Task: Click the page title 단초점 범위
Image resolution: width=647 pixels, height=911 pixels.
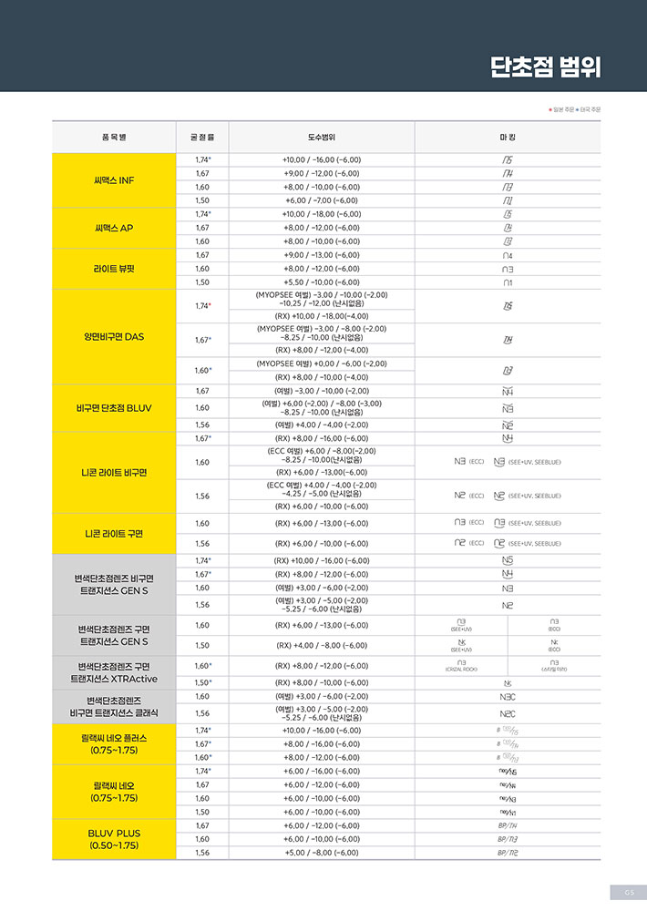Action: click(x=545, y=67)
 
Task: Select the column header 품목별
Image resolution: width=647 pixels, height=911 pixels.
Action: click(x=114, y=137)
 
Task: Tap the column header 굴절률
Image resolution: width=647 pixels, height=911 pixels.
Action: click(x=202, y=137)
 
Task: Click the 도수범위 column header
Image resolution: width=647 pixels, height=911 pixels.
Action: click(x=322, y=137)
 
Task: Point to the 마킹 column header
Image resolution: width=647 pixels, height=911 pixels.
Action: click(x=508, y=137)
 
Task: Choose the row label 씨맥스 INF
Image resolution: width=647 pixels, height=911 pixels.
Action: click(x=114, y=179)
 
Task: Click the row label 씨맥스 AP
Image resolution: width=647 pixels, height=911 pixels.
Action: click(x=114, y=228)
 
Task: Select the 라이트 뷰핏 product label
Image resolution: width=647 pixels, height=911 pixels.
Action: click(x=114, y=269)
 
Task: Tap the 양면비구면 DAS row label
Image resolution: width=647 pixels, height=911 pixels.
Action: click(x=114, y=336)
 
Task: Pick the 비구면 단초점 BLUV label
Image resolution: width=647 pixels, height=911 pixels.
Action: click(x=114, y=407)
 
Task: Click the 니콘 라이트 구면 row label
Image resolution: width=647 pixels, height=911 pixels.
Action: click(x=114, y=533)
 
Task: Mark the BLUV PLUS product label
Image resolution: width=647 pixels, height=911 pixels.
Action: click(x=114, y=839)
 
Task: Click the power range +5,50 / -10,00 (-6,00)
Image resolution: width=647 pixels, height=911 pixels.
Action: click(x=322, y=282)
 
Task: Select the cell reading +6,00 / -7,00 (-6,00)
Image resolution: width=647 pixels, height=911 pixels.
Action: click(x=322, y=200)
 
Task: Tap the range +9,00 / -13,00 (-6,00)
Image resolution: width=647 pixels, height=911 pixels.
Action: click(x=322, y=255)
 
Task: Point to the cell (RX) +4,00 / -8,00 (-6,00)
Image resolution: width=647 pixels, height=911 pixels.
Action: click(x=322, y=645)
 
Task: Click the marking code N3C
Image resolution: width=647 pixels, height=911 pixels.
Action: click(x=508, y=696)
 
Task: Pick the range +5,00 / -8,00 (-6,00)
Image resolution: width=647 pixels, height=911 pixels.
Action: click(x=322, y=853)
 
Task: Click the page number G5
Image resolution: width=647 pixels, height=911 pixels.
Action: click(x=628, y=892)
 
